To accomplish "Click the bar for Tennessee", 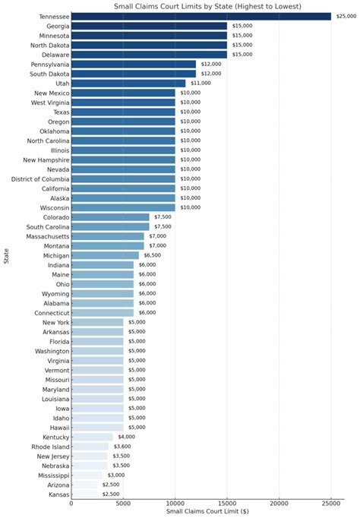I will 201,16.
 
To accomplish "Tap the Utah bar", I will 128,83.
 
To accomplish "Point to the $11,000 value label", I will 199,83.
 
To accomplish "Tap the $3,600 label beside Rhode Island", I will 122,447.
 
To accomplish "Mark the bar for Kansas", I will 84,494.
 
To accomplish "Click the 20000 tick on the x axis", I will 279,504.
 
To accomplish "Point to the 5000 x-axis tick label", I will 123,504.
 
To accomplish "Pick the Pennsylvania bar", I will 134,64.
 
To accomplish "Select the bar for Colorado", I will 110,216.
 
